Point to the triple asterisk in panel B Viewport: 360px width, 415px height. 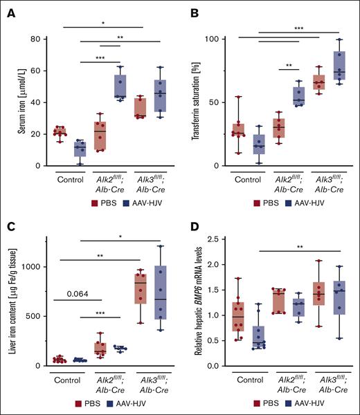tap(298, 28)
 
